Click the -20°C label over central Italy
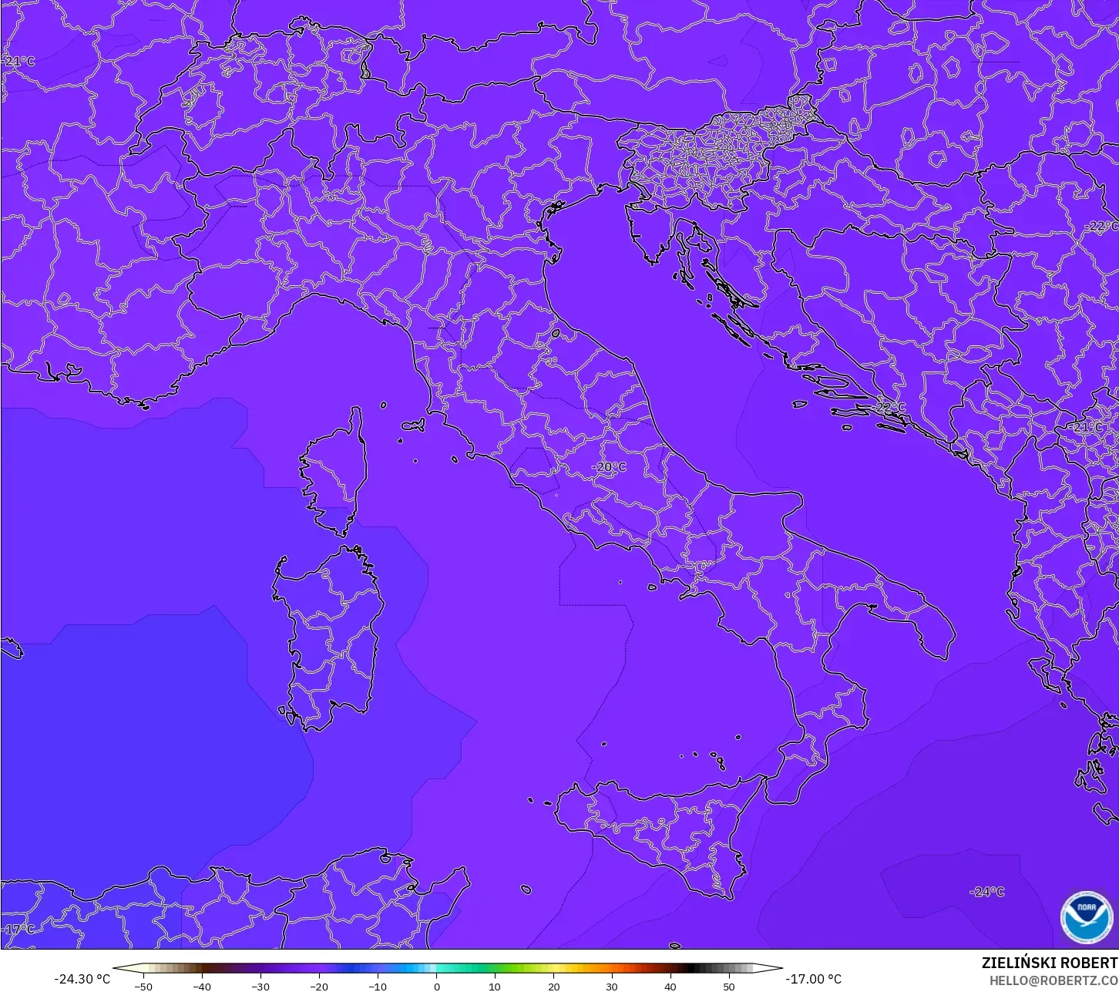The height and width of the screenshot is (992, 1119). point(609,467)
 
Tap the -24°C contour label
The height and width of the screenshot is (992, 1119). point(987,892)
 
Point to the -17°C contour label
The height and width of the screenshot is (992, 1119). point(19,930)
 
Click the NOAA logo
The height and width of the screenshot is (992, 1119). point(1086,917)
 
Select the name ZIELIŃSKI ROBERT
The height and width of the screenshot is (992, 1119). point(1049,963)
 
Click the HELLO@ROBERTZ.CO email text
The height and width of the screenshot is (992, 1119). point(1053,980)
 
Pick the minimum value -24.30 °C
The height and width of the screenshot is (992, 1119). point(82,979)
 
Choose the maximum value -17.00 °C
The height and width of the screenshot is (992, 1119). point(814,979)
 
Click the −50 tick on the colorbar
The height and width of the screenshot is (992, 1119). point(143,986)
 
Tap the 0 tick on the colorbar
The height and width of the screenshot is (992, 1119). point(436,986)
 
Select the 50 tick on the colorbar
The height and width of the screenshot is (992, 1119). point(729,986)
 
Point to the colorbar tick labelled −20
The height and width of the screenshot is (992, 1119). point(319,986)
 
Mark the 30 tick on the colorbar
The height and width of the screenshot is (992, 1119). point(612,986)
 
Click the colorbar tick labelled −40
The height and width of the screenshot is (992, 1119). point(202,986)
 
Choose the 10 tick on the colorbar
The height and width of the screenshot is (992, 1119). point(495,986)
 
